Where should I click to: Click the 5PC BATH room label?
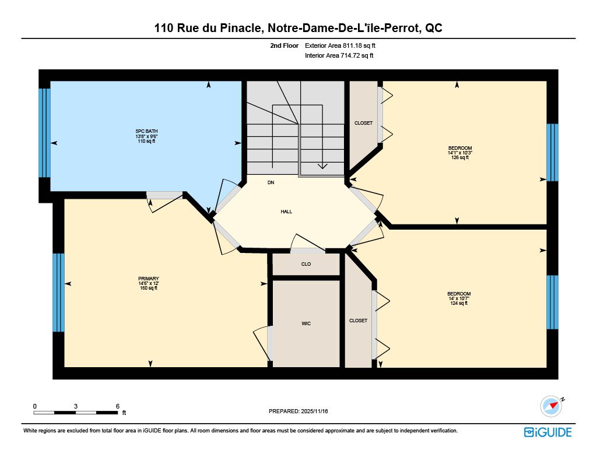pyautogui.click(x=146, y=131)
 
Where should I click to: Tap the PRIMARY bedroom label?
pyautogui.click(x=149, y=279)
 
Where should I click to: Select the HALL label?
pyautogui.click(x=286, y=212)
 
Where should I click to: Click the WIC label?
pyautogui.click(x=306, y=323)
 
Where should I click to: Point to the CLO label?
pyautogui.click(x=306, y=264)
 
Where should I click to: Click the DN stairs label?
pyautogui.click(x=271, y=183)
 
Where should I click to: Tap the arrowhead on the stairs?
pyautogui.click(x=322, y=166)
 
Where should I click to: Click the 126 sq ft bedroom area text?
pyautogui.click(x=460, y=157)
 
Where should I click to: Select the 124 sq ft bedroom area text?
pyautogui.click(x=459, y=304)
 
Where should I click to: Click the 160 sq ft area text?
pyautogui.click(x=149, y=288)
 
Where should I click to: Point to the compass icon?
pyautogui.click(x=552, y=406)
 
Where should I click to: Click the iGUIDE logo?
pyautogui.click(x=548, y=432)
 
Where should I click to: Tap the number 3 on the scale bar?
pyautogui.click(x=76, y=406)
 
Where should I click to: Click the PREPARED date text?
pyautogui.click(x=298, y=411)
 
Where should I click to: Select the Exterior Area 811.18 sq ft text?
pyautogui.click(x=340, y=45)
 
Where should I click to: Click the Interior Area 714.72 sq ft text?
pyautogui.click(x=339, y=55)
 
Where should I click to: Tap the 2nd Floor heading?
pyautogui.click(x=285, y=45)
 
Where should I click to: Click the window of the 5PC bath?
pyautogui.click(x=44, y=133)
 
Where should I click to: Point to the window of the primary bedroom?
pyautogui.click(x=58, y=293)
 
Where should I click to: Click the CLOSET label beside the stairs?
pyautogui.click(x=364, y=123)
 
